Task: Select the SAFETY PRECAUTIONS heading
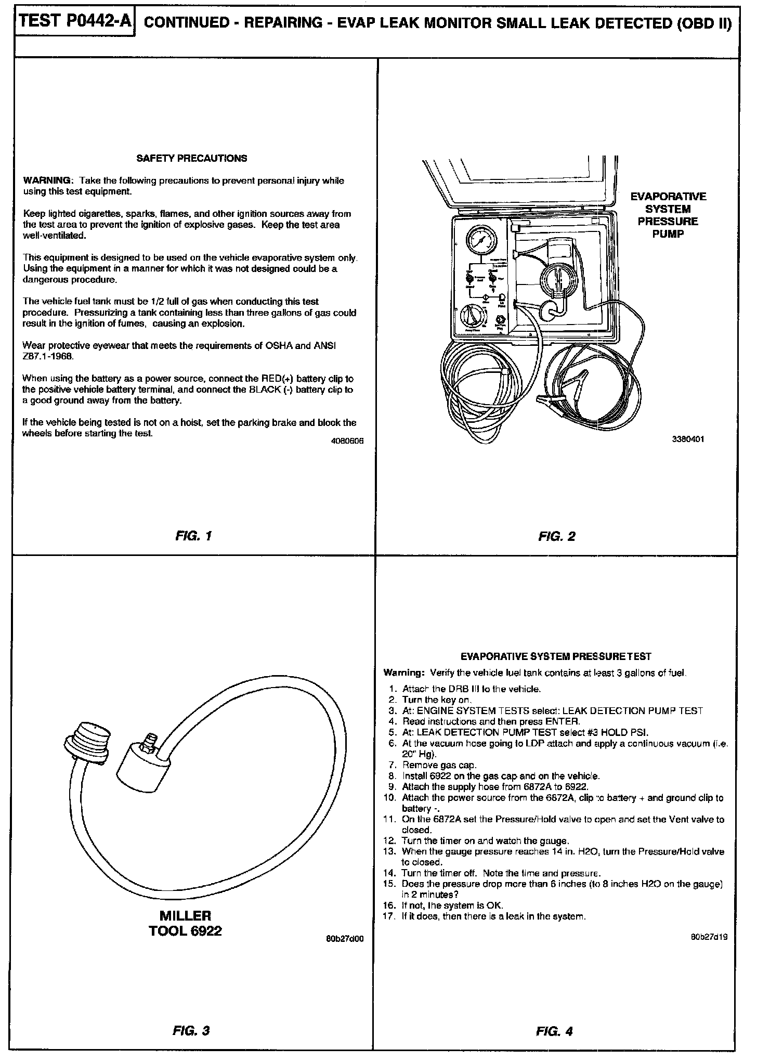191,158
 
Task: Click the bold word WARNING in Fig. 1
46,180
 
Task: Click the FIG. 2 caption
557,536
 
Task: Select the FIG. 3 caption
191,1030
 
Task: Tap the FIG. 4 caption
554,1031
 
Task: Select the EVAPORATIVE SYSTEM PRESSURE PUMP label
668,215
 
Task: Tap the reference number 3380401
688,439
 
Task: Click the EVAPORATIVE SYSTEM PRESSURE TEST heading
556,656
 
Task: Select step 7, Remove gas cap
439,765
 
